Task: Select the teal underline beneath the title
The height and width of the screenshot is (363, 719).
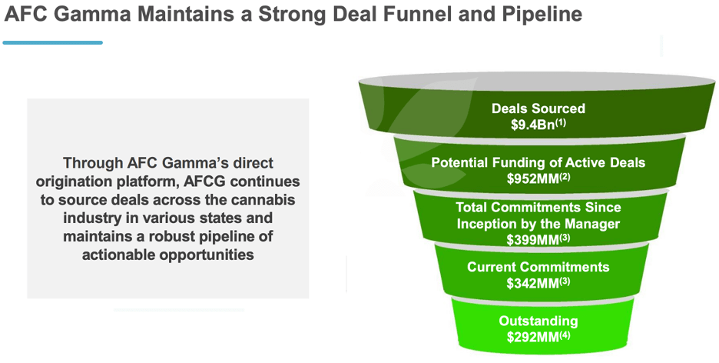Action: click(x=52, y=42)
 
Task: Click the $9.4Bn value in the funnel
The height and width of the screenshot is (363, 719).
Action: click(x=535, y=125)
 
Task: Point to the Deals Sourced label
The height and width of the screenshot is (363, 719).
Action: click(x=538, y=108)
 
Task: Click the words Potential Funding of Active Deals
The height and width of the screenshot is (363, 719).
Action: click(x=538, y=163)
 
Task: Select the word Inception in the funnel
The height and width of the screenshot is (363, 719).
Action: click(x=487, y=224)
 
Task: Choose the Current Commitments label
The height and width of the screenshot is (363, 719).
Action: click(x=538, y=267)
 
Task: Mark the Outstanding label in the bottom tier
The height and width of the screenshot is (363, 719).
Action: click(x=538, y=321)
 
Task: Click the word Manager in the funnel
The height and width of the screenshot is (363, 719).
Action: click(x=593, y=224)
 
